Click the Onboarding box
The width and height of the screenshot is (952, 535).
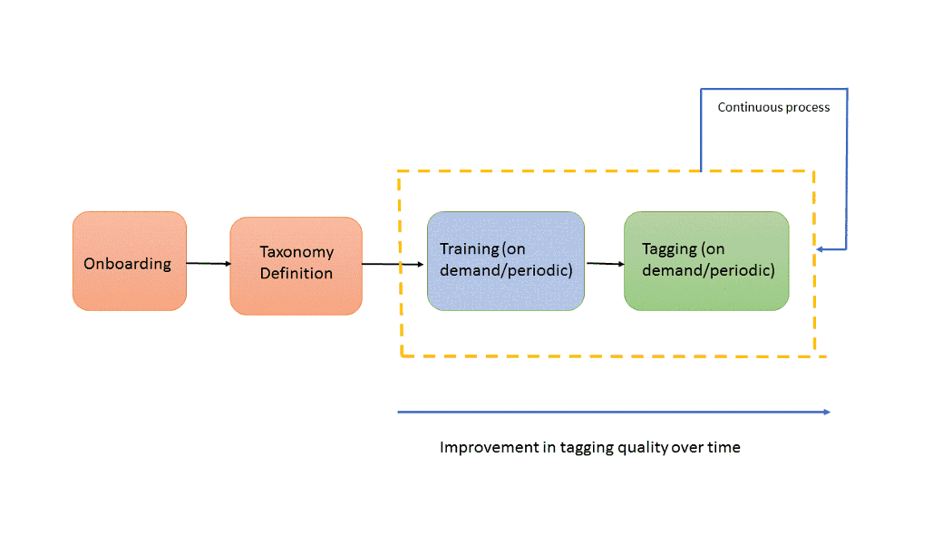coord(129,261)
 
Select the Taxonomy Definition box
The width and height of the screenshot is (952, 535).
coord(296,266)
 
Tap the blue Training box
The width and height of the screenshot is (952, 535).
coord(506,261)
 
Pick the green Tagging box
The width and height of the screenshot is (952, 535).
coord(706,261)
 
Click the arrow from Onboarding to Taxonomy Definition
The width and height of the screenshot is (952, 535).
coord(208,264)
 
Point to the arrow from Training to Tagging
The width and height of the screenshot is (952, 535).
coord(605,264)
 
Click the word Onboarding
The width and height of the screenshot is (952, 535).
coord(128,264)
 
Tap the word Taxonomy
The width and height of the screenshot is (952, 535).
coord(296,252)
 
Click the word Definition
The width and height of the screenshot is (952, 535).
coord(296,273)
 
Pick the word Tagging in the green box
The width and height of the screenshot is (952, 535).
coord(669,248)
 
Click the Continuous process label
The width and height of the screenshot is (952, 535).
coord(773,107)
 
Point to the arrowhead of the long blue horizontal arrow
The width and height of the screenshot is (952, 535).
coord(826,412)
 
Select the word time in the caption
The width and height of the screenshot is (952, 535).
coord(724,447)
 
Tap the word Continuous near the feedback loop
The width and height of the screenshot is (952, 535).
coord(749,107)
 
